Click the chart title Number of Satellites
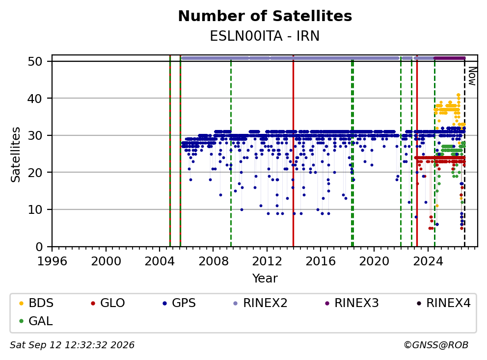pyautogui.click(x=265, y=16)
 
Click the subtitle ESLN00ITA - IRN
pyautogui.click(x=265, y=36)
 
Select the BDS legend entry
pyautogui.click(x=36, y=303)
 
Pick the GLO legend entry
pyautogui.click(x=108, y=303)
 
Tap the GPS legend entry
pyautogui.click(x=179, y=303)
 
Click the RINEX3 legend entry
pyautogui.click(x=352, y=303)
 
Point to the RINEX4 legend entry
pyautogui.click(x=443, y=303)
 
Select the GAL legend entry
pyautogui.click(x=36, y=321)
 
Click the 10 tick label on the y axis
pyautogui.click(x=35, y=210)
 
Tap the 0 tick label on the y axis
pyautogui.click(x=39, y=247)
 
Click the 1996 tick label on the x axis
pyautogui.click(x=52, y=261)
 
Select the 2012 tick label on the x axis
pyautogui.click(x=267, y=261)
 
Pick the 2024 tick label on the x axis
pyautogui.click(x=428, y=261)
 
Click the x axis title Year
pyautogui.click(x=265, y=279)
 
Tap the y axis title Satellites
pyautogui.click(x=15, y=154)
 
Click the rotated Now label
pyautogui.click(x=472, y=77)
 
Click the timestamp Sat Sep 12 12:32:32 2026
pyautogui.click(x=72, y=345)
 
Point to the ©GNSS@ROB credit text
pyautogui.click(x=436, y=345)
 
